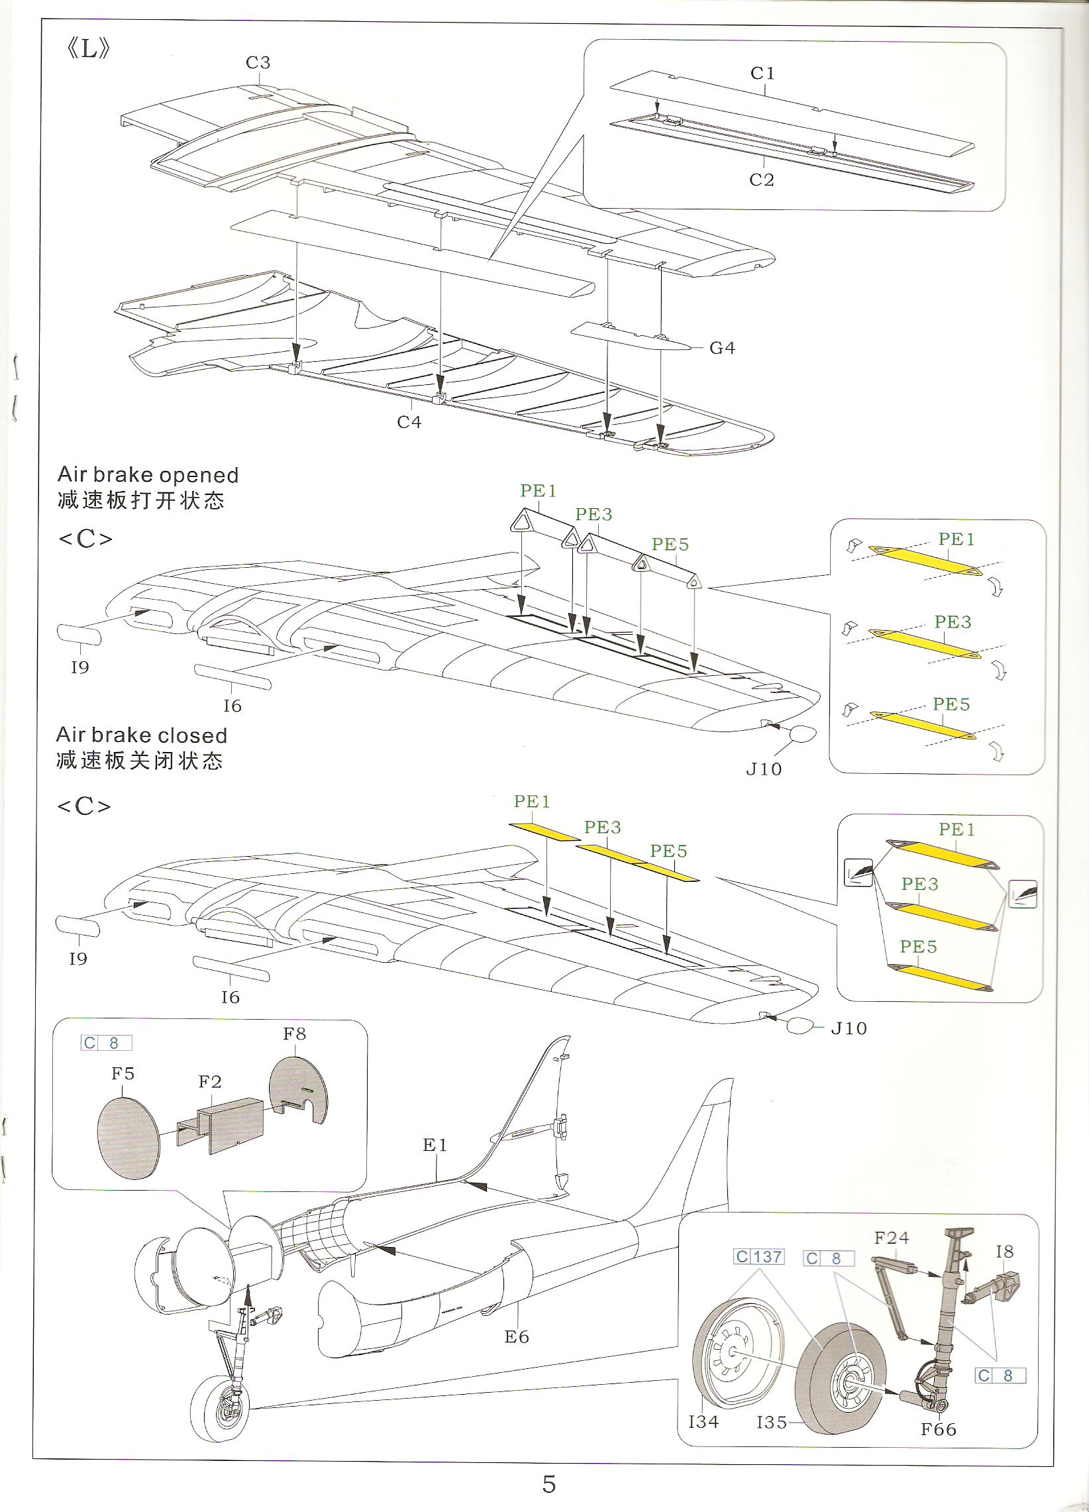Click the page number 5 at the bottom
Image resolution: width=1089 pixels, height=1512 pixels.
548,1484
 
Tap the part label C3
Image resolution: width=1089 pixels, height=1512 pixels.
258,63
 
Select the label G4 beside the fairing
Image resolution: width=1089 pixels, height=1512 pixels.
723,348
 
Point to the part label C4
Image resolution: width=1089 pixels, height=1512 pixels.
409,422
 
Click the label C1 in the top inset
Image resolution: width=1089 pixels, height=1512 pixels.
762,74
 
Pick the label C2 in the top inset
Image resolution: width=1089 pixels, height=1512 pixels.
762,180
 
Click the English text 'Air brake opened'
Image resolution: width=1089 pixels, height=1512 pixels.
148,474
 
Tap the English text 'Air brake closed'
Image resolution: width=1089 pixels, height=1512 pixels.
142,735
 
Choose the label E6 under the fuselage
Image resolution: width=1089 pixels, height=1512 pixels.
517,1336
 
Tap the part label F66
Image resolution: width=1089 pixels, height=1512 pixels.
939,1429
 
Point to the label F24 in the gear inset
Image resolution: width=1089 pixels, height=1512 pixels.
892,1238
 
